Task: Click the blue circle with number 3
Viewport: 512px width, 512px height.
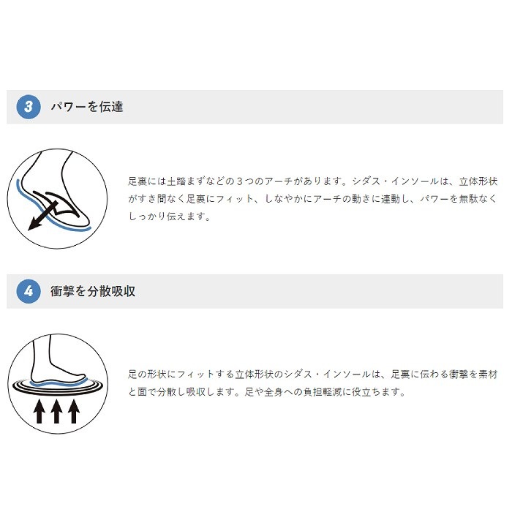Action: pos(29,107)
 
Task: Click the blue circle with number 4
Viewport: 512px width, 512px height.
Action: pos(29,291)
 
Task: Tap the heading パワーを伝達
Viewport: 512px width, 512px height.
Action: pos(87,107)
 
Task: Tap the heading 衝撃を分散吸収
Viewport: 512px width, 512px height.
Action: pos(93,291)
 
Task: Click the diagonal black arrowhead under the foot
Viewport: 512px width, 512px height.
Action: pos(34,224)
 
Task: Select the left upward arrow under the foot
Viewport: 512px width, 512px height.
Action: pos(39,411)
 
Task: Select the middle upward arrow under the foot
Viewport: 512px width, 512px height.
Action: pos(56,411)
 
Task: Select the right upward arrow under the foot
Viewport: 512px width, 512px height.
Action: pos(74,411)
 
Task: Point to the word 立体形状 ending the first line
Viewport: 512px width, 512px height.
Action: pos(478,181)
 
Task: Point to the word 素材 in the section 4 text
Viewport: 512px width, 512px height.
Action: pos(488,374)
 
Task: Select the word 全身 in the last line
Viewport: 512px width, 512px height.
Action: pos(274,392)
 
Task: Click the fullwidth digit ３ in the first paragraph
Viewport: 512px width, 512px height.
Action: pos(240,181)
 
